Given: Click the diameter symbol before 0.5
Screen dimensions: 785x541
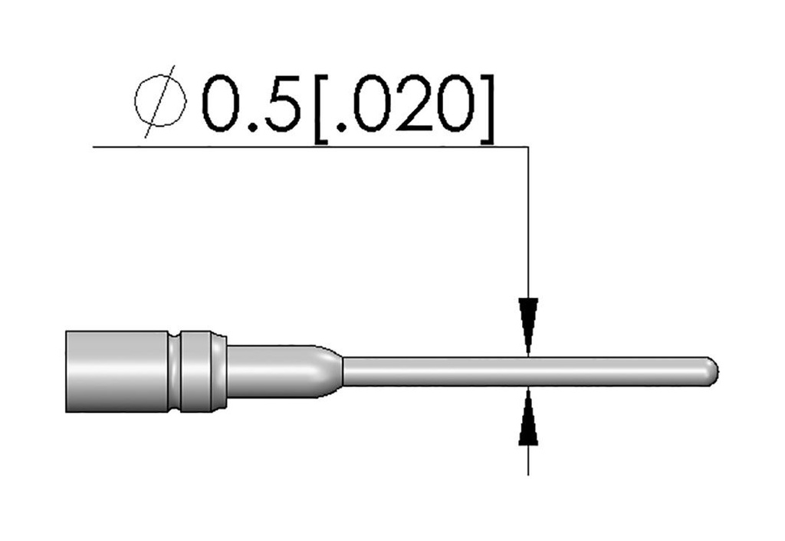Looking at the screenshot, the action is tap(160, 101).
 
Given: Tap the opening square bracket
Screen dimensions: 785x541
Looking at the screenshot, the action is tap(320, 109).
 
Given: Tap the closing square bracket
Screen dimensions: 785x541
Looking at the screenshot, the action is tap(487, 109).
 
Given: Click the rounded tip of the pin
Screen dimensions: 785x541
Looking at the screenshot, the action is tap(713, 371).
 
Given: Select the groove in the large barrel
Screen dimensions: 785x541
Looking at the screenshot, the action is tap(174, 371).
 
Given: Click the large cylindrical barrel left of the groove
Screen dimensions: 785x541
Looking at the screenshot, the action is tap(117, 371).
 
